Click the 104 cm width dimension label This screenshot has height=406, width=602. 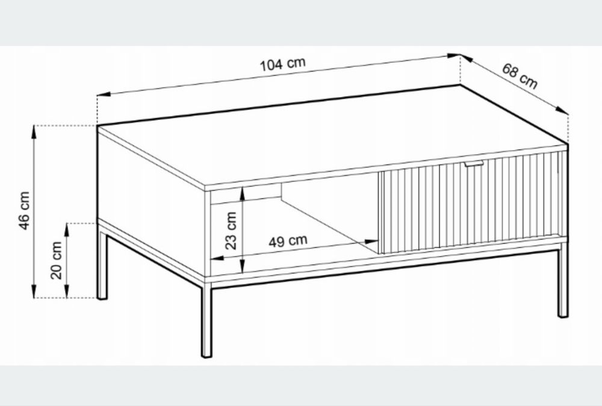tap(283, 64)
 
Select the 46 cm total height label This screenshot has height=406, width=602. tap(24, 210)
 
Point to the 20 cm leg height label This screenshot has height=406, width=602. tap(57, 260)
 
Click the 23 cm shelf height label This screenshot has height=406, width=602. tap(231, 231)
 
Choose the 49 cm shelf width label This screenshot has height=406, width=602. tap(288, 241)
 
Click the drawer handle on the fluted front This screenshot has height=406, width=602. tap(474, 164)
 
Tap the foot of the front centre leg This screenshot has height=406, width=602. tap(206, 355)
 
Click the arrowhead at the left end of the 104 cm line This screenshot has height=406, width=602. tap(104, 94)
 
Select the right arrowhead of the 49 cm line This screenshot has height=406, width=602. tap(371, 242)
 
